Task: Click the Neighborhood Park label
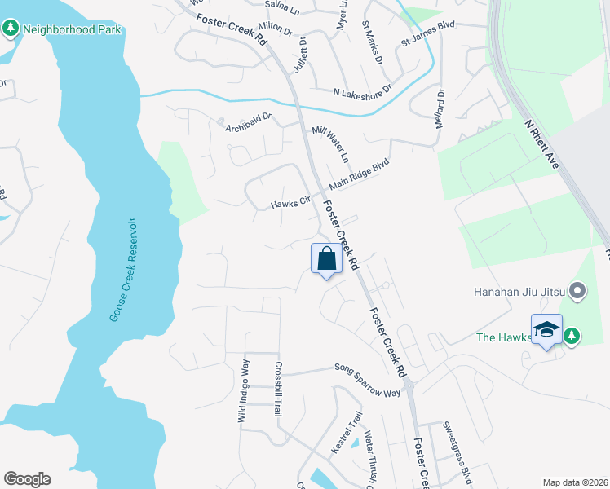72,30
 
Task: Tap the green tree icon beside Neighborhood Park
11,30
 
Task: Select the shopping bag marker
326,259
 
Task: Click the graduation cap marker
546,330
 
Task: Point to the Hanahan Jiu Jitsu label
520,291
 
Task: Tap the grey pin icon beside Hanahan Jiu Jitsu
578,290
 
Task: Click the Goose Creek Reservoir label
123,270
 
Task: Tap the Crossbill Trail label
278,390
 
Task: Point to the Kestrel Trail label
355,430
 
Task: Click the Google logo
27,479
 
